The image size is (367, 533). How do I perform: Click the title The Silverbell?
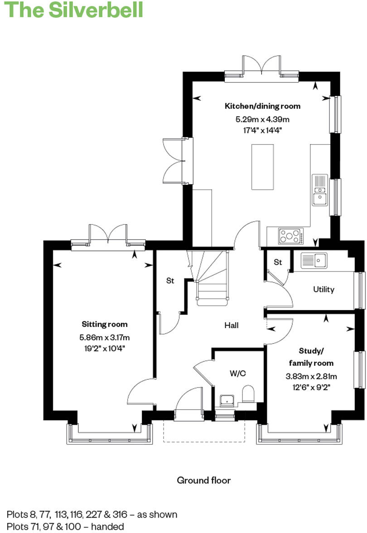tap(74, 10)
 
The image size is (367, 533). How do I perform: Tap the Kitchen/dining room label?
tap(262, 106)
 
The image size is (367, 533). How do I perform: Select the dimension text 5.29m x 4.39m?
tap(262, 120)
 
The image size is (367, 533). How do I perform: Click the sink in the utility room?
tap(314, 260)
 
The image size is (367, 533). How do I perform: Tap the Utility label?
tap(324, 289)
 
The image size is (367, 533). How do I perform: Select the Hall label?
tap(232, 325)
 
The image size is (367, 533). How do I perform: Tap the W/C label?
tap(237, 373)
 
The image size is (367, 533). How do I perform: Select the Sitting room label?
tap(105, 324)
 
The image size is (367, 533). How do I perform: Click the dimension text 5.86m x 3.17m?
tap(105, 337)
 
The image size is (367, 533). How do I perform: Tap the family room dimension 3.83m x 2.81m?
tap(311, 376)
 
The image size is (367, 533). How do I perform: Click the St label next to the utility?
tap(278, 262)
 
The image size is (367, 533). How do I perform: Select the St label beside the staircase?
tap(170, 281)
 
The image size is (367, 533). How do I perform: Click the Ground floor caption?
tap(203, 480)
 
